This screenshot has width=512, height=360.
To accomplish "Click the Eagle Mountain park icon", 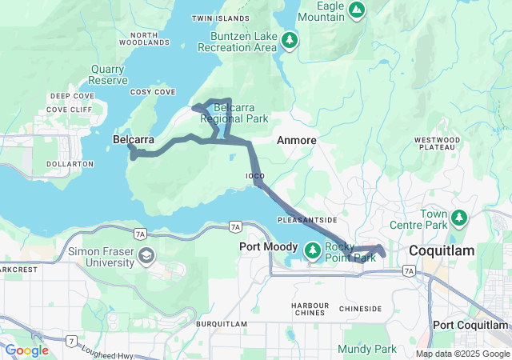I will tap(357, 10).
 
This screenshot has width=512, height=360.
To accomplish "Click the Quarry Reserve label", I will tap(108, 74).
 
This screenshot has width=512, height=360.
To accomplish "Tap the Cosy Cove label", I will tap(152, 92).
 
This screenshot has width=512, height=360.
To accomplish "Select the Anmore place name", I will tap(296, 140).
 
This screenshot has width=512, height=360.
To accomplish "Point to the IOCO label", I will tap(254, 175).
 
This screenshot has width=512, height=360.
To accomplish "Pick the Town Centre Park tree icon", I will tap(459, 217).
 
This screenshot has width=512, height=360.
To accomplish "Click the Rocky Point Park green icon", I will tap(313, 251).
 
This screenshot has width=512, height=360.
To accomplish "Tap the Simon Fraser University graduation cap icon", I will tap(146, 256).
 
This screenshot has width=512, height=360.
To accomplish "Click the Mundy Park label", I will tap(367, 349).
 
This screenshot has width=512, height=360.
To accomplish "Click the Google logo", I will tap(26, 350).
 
